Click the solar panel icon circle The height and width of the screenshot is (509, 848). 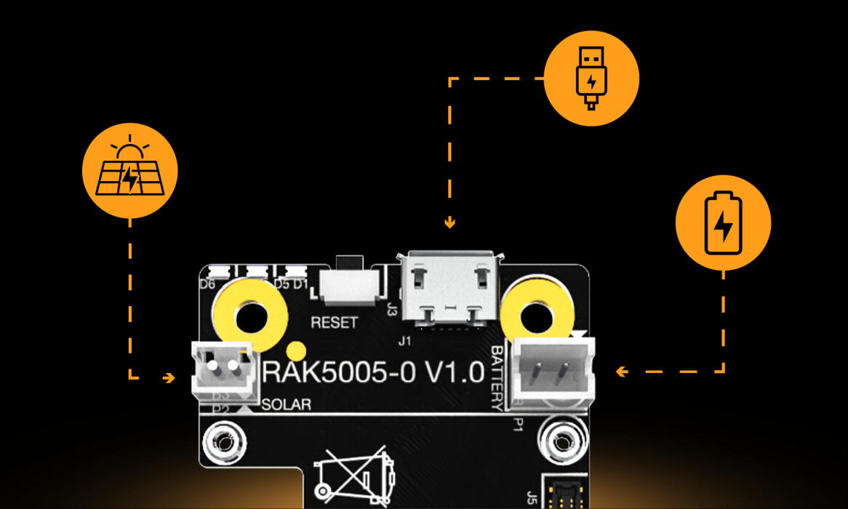point(130,171)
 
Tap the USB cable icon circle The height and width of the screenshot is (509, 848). point(591,79)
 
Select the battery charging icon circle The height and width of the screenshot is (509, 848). point(723,223)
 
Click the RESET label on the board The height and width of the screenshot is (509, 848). point(334,322)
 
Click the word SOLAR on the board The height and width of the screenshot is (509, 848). point(285,405)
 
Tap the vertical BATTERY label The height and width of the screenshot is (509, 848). point(498,377)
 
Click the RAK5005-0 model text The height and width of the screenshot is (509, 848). point(338,372)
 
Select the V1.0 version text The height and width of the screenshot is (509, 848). point(455,372)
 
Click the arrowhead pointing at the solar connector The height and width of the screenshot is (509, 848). point(169,378)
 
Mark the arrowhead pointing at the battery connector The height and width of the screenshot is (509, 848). point(621,372)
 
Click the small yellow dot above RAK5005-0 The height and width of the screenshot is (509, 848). point(295,348)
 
